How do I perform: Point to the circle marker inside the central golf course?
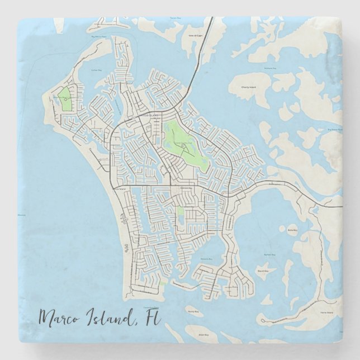tap(183, 145)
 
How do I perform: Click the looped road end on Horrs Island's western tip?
tap(262, 321)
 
